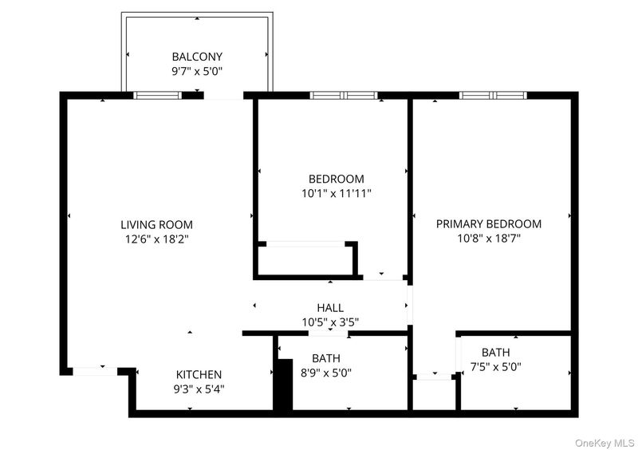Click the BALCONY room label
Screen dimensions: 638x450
click(x=197, y=57)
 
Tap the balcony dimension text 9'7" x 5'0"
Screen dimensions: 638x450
click(x=197, y=72)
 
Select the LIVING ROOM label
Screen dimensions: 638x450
click(x=156, y=224)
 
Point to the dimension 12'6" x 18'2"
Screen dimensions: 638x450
click(x=156, y=239)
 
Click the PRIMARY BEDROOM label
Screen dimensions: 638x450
click(x=489, y=223)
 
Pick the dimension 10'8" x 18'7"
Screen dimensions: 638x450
click(x=489, y=239)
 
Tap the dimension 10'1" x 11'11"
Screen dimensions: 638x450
click(x=337, y=193)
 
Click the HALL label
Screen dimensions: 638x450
click(x=330, y=307)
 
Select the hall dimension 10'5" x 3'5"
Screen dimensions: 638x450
click(x=330, y=322)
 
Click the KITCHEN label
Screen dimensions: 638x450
click(x=199, y=374)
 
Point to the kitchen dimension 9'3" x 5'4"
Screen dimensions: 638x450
click(x=199, y=389)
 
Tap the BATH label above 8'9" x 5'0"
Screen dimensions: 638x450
click(x=326, y=358)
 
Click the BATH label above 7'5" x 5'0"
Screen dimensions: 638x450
click(x=495, y=352)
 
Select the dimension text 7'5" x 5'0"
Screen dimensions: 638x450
click(x=495, y=367)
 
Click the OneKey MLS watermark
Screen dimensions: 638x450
click(x=605, y=443)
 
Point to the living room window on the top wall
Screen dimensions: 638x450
click(x=157, y=95)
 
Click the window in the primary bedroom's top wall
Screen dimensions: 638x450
click(x=493, y=95)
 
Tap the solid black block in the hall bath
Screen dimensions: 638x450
click(x=285, y=385)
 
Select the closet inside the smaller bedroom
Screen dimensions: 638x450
click(x=305, y=261)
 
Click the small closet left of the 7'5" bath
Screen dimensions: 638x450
click(x=434, y=394)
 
